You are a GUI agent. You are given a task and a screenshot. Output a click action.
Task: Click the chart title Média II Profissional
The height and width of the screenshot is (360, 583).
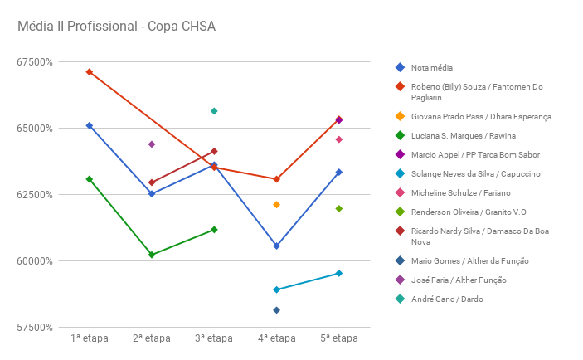[x=116, y=27]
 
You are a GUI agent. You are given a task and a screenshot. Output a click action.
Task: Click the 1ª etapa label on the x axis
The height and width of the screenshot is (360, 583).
[x=89, y=338]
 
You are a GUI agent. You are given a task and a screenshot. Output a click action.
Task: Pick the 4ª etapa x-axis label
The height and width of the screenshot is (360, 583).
[x=276, y=338]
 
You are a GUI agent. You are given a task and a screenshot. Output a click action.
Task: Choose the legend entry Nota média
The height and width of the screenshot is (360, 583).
[x=432, y=67]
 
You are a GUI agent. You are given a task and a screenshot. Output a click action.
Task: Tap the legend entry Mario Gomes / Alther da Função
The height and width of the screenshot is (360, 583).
[x=469, y=260]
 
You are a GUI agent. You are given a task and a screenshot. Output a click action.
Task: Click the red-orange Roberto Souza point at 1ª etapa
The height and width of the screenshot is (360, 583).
[x=89, y=72]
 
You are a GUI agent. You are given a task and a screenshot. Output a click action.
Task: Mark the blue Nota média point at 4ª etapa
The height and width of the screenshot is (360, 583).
[x=276, y=246]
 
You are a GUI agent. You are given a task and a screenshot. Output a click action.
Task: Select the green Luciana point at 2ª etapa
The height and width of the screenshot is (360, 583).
[x=152, y=255]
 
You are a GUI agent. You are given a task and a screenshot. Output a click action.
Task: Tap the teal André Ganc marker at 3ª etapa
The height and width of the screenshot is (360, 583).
[x=214, y=111]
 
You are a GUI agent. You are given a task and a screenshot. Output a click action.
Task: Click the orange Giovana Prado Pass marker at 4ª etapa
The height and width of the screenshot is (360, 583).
[x=276, y=205]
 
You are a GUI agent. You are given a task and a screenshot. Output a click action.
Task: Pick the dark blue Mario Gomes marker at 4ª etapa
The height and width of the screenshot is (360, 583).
[x=276, y=310]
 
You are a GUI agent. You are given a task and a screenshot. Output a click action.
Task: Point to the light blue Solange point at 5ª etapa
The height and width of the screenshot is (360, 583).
[x=338, y=273]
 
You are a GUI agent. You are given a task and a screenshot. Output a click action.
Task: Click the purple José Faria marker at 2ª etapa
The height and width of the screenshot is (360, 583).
[x=152, y=144]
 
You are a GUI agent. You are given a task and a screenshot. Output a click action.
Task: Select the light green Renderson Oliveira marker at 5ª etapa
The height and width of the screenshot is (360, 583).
[x=338, y=209]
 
